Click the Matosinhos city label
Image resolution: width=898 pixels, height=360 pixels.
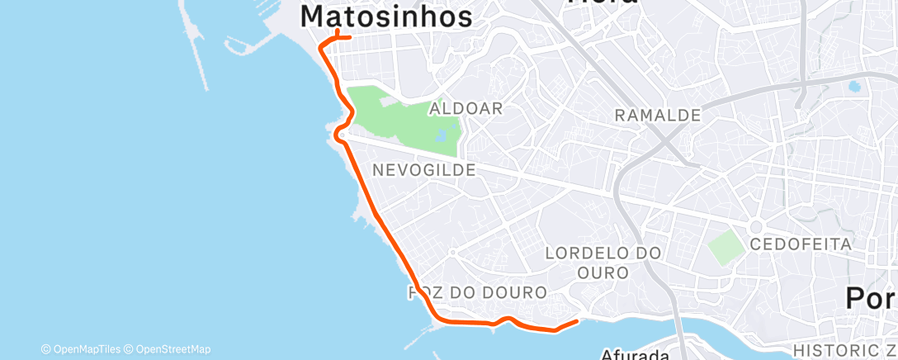coord(386,16)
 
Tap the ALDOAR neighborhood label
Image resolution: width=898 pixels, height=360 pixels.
coord(466,108)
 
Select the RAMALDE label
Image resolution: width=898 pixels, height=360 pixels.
coord(658,116)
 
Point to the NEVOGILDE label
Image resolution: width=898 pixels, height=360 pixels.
coord(423,170)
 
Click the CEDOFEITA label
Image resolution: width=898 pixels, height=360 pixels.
coord(800,244)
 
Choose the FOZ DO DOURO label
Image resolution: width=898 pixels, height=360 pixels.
coord(478,292)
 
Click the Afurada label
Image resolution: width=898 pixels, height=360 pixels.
coord(635,354)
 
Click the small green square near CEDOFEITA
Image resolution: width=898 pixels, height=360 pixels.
coord(725,248)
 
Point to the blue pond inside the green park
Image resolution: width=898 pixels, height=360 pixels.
coord(444,135)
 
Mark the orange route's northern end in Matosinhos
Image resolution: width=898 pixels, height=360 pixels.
coord(351,37)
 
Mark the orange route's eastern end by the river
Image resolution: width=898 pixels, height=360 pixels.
coord(575,320)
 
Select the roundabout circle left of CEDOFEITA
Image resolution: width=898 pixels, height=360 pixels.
coord(755,227)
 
